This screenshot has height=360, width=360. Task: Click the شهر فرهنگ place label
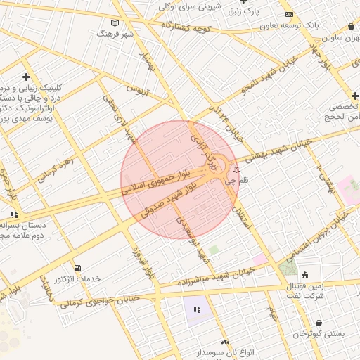tap(117, 33)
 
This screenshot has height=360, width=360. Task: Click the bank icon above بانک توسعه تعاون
tap(289, 14)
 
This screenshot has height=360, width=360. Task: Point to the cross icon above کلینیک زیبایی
tap(27, 76)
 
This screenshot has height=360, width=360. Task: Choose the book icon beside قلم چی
tap(236, 169)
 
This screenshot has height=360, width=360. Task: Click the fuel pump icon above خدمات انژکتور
tap(77, 268)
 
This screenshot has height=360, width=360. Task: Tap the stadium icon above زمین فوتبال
tap(304, 275)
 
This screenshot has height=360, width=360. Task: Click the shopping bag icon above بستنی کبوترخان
tap(319, 323)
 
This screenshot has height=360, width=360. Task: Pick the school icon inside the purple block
tap(197, 309)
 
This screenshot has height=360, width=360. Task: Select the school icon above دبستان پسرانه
tap(13, 215)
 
